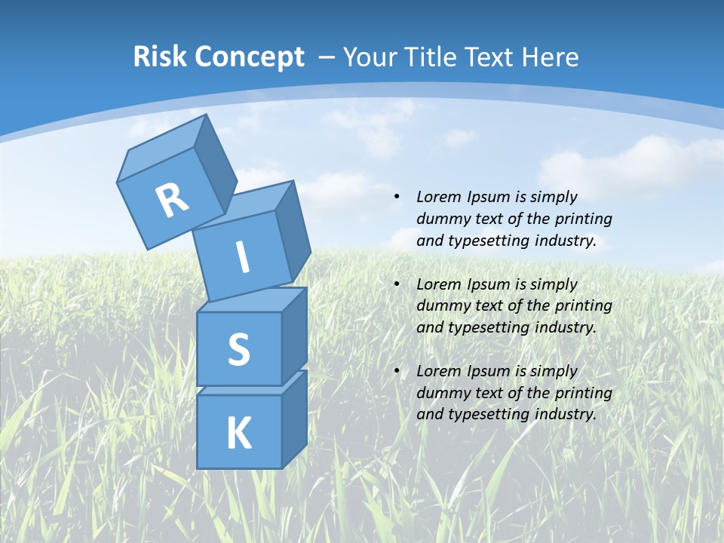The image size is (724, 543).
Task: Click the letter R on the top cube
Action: coord(172,201)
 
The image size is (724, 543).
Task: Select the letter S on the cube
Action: coord(238,349)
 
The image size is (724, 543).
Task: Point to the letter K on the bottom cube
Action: coord(238,434)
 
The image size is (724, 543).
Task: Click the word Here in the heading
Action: coord(549,57)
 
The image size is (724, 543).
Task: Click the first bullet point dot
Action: coord(396,198)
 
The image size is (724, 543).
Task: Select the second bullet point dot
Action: coord(396,284)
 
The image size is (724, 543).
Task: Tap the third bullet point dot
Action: coord(396,371)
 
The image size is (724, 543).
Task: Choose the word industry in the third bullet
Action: coord(566,414)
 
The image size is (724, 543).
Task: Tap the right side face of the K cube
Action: coord(294,419)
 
